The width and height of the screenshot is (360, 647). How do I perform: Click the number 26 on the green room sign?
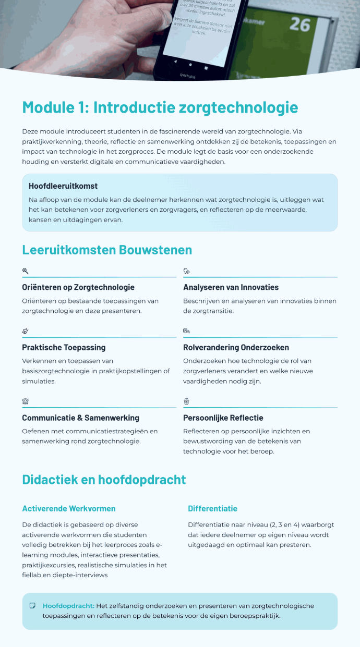click(299, 25)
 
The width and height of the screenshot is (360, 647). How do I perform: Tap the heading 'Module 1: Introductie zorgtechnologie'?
click(160, 108)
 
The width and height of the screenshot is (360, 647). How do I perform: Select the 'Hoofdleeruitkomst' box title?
click(63, 186)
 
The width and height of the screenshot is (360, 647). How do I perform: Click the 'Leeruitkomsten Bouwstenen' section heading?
click(107, 250)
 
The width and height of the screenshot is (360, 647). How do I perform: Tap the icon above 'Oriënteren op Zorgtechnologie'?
click(25, 271)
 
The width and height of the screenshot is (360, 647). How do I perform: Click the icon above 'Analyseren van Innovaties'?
click(186, 271)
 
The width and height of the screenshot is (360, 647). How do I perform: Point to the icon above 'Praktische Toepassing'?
click(25, 331)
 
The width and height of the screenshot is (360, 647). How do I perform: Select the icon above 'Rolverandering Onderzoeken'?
click(186, 331)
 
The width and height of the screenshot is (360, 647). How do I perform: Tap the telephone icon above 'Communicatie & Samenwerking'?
click(25, 401)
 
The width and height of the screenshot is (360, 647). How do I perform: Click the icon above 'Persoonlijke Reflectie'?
click(186, 401)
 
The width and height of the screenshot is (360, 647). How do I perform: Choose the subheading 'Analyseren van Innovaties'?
click(231, 287)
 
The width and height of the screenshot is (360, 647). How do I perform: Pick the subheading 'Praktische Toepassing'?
click(64, 347)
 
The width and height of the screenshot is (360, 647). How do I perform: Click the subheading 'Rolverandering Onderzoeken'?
click(236, 347)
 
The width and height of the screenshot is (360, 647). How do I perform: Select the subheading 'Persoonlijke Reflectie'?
click(223, 418)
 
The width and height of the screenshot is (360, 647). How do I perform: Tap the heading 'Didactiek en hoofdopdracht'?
click(104, 479)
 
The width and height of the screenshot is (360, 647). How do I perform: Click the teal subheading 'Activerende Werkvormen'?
click(69, 508)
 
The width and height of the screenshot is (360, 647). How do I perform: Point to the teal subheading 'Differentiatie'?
click(212, 508)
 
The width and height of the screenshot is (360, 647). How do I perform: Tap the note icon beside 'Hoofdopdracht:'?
click(32, 606)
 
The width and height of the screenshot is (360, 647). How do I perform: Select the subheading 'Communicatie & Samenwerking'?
click(80, 418)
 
